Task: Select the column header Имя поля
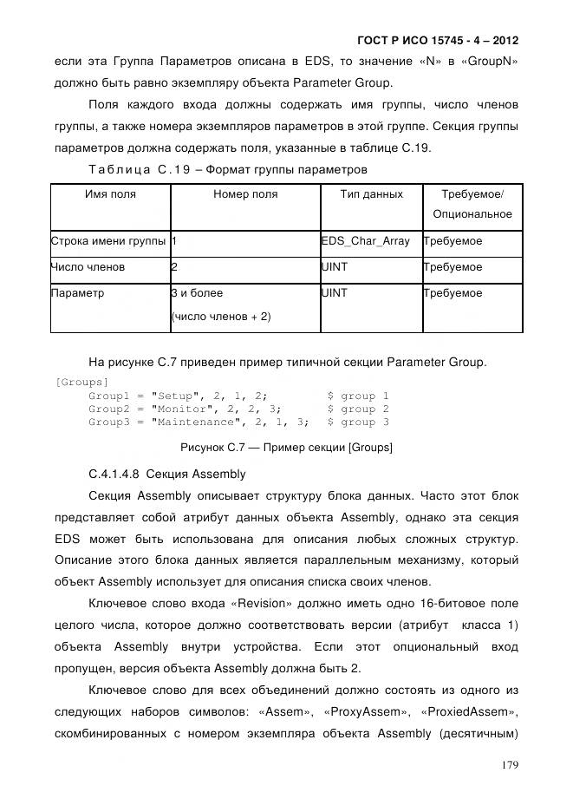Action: point(110,194)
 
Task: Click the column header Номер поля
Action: point(245,194)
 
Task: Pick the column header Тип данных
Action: point(371,194)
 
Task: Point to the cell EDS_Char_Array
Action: point(366,241)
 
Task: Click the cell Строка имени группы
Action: point(108,241)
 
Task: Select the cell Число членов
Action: point(88,267)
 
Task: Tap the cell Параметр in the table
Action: point(78,293)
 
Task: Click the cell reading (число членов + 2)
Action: point(221,317)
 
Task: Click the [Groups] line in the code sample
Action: point(81,382)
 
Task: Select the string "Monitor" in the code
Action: point(183,409)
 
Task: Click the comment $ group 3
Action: point(357,422)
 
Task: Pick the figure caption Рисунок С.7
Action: point(286,448)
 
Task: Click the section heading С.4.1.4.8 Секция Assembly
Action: point(167,475)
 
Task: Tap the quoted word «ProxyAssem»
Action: point(365,711)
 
